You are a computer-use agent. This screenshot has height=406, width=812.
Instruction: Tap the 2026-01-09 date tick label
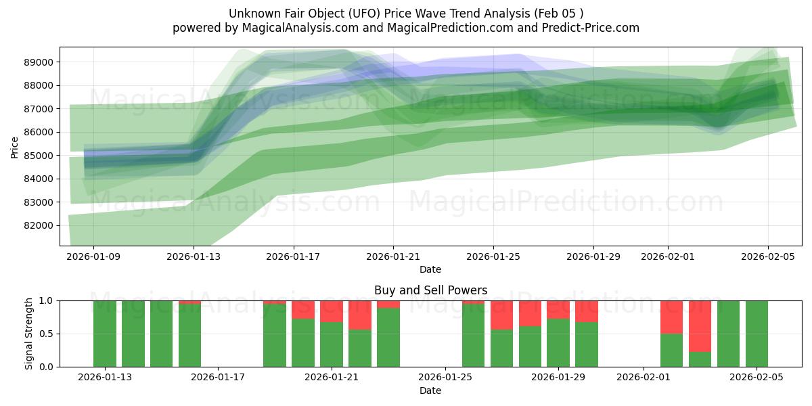pos(93,256)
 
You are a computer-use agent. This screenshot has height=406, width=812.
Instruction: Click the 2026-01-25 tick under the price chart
pos(493,256)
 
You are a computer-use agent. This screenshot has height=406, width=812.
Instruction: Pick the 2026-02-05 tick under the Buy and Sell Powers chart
pos(757,378)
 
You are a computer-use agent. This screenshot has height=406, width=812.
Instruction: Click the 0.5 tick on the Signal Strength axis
pos(47,334)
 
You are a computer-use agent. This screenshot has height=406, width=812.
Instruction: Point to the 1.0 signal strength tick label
pos(47,300)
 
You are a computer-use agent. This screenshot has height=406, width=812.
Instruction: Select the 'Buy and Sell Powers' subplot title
pos(430,290)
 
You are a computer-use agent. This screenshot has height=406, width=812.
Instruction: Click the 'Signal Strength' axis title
pos(28,334)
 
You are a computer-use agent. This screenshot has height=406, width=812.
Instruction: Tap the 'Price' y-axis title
pos(15,146)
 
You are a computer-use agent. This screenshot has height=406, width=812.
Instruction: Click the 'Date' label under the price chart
pos(430,269)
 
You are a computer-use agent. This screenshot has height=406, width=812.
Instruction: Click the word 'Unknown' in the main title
pos(251,14)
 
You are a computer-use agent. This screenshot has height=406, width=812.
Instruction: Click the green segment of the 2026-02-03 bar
pos(700,359)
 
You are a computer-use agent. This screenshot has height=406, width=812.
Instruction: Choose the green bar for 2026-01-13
pos(105,334)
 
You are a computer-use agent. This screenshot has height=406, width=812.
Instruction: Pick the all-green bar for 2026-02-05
pos(757,334)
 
